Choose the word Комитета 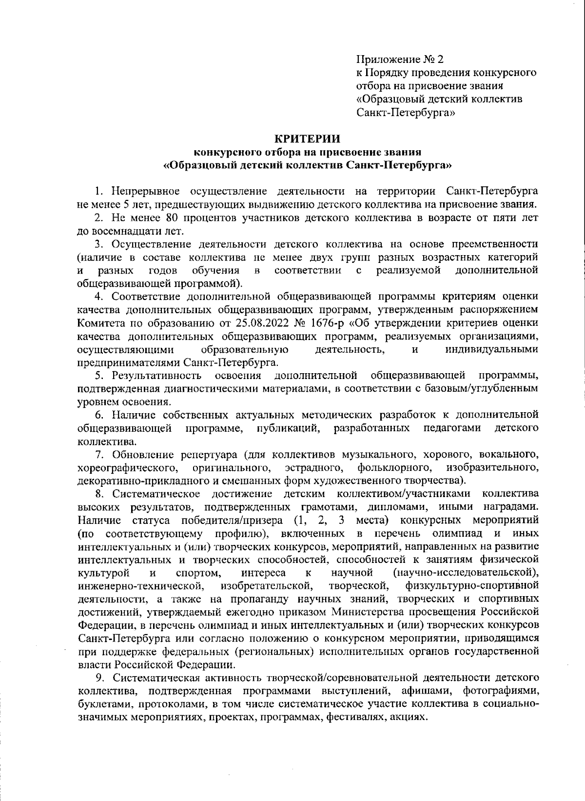point(100,323)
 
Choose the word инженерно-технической point(140,584)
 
